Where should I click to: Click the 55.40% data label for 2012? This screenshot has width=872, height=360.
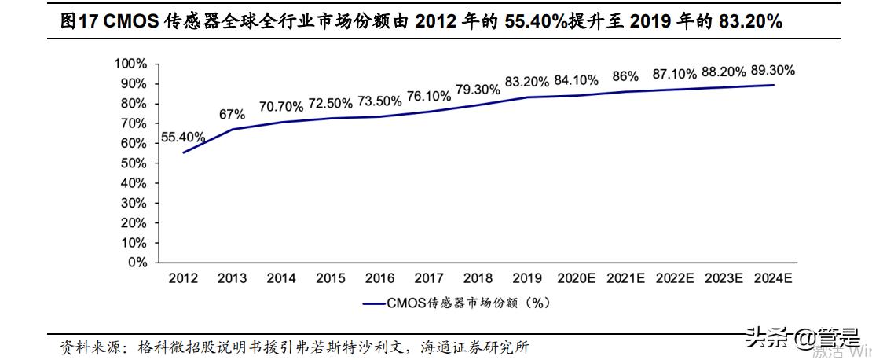[182, 137]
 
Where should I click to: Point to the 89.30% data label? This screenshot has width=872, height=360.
[772, 70]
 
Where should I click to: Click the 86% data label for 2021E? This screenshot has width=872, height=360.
[625, 76]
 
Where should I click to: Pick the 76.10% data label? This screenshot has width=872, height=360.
[428, 96]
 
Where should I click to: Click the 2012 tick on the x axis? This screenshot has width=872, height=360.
[183, 278]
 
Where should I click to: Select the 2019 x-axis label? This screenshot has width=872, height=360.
[527, 278]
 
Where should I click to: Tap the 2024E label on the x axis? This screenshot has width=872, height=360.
[772, 278]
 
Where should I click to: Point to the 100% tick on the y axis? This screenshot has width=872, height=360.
[130, 64]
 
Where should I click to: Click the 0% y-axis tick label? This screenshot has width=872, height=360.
[137, 263]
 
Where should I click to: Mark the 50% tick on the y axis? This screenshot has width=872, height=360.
[134, 163]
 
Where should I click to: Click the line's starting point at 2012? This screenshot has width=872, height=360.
[183, 152]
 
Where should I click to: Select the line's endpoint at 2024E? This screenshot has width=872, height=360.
[774, 85]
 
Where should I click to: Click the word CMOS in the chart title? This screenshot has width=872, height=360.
[128, 21]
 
